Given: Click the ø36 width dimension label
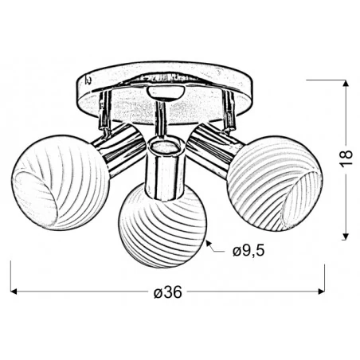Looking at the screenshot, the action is click(168, 292).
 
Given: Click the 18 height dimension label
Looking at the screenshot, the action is click(346, 158).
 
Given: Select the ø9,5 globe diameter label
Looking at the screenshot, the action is click(248, 251).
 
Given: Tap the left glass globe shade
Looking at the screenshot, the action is click(61, 182).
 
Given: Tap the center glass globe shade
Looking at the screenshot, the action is click(163, 225).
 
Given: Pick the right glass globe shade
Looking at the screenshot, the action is click(275, 184).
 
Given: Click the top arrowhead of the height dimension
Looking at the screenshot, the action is click(345, 83).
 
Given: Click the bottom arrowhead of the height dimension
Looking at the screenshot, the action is click(345, 237).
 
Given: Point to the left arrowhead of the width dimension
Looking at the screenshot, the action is click(14, 292).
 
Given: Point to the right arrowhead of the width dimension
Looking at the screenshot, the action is click(322, 292).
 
